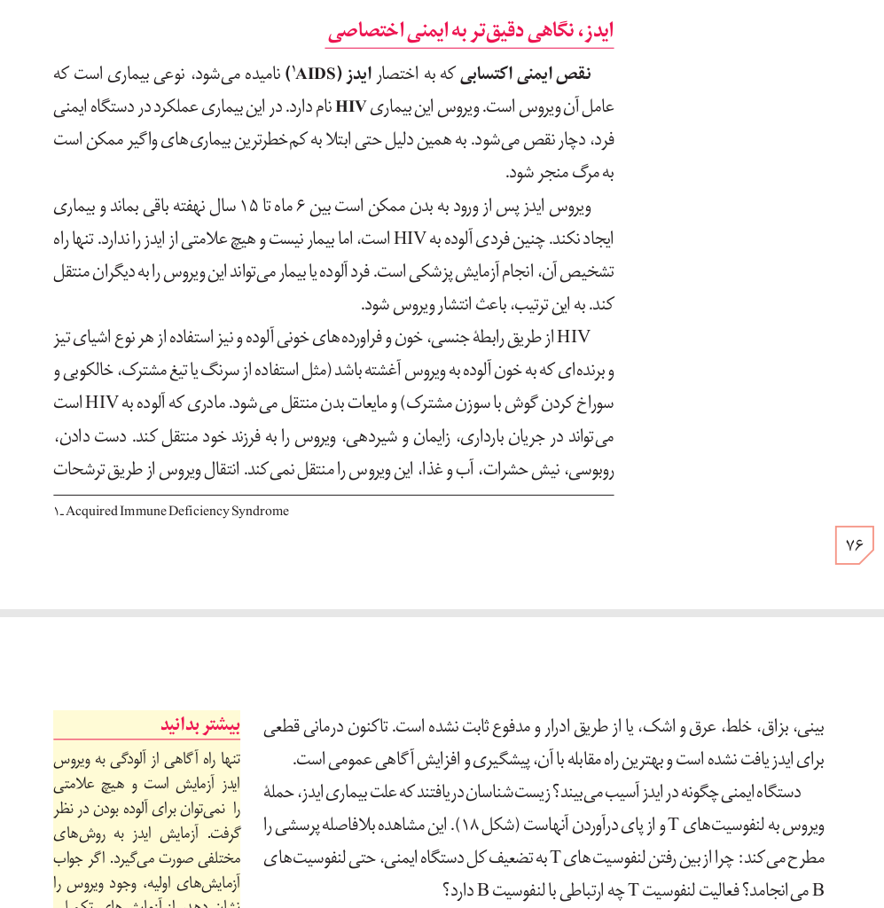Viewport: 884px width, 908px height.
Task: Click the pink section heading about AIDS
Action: (x=470, y=32)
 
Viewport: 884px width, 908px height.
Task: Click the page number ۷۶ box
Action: (x=854, y=544)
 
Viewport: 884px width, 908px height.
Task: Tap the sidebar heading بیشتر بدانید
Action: (x=200, y=725)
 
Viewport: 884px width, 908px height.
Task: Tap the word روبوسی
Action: (x=593, y=470)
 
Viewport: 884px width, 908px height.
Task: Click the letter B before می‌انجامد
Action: (x=818, y=890)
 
